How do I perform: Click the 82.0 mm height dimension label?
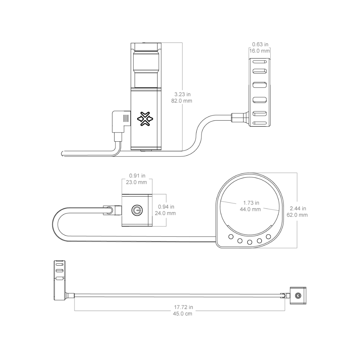pos(182,101)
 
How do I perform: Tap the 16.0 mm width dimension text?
pos(260,51)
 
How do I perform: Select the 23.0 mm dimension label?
pos(136,182)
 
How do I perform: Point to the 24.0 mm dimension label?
pos(165,213)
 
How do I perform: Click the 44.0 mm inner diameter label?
pos(250,210)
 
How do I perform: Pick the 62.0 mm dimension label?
pos(297,215)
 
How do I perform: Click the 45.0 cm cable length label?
pos(182,314)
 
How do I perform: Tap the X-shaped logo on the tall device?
pos(145,119)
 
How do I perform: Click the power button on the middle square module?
pos(137,210)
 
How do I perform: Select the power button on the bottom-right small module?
pos(298,296)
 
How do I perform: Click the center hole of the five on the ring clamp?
pos(250,242)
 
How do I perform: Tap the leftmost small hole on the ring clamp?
pos(231,237)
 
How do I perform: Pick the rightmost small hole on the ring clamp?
pos(268,237)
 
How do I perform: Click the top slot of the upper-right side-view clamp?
pos(260,62)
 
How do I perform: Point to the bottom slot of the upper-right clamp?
pos(260,123)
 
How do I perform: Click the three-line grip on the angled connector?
pos(126,118)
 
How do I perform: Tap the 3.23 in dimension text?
pos(182,94)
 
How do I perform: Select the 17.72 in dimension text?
pos(184,307)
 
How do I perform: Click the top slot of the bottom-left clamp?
pos(59,264)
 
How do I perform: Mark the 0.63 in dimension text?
pos(260,44)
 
